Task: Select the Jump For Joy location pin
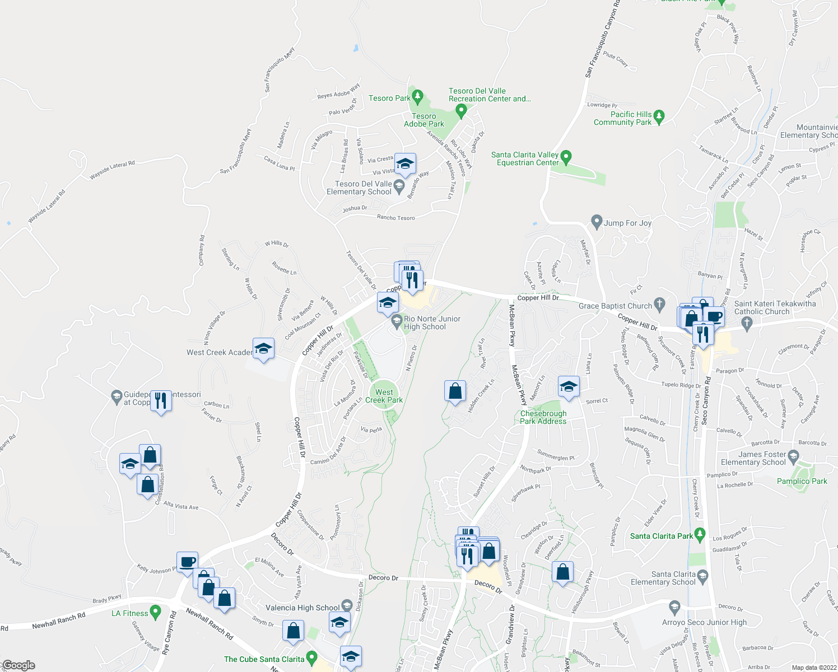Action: [x=597, y=222]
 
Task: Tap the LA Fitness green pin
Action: [x=156, y=612]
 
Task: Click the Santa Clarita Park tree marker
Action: [x=699, y=535]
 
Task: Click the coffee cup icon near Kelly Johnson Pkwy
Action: [x=187, y=561]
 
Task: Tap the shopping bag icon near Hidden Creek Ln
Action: [x=455, y=391]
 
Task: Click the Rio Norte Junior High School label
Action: [x=432, y=323]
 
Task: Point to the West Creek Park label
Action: [x=384, y=396]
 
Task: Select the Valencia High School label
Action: [x=302, y=608]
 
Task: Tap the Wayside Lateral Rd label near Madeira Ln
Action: [x=112, y=170]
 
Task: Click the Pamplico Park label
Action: [x=802, y=481]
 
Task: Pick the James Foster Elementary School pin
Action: [x=793, y=456]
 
